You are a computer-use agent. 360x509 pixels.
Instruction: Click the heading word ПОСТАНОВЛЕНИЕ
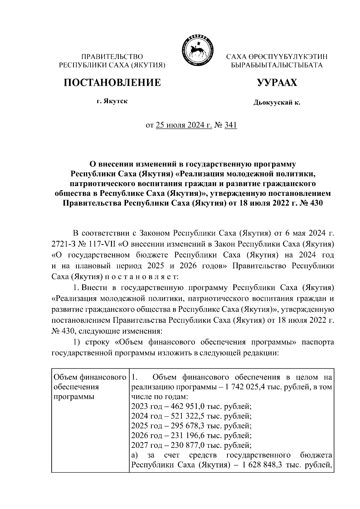pos(112,82)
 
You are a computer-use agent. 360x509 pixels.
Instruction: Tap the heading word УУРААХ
pos(277,82)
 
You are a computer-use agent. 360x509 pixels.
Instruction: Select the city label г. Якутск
pos(112,101)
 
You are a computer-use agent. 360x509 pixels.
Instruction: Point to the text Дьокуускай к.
pos(277,103)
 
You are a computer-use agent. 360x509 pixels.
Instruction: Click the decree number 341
pos(231,125)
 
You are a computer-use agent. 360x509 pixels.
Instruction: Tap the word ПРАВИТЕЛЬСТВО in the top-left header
pos(112,57)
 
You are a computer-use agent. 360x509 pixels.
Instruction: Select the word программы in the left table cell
pos(74,397)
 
